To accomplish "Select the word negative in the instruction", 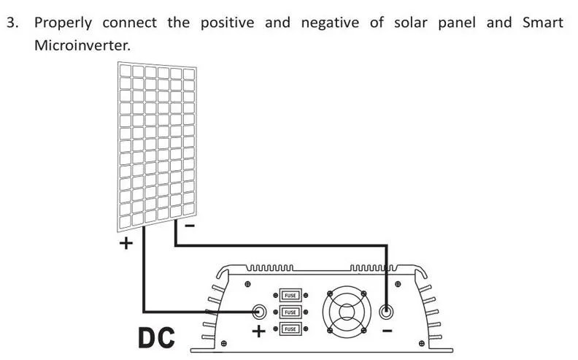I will point(330,23).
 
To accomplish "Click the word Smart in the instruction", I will point(543,23).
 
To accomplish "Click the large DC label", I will point(156,337).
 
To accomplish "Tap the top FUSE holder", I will point(290,295).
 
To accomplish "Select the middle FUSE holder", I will point(290,312).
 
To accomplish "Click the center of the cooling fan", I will point(349,312).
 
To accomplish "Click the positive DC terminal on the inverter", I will point(258,311).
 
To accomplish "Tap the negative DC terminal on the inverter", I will point(388,311).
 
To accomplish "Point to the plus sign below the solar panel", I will point(126,243).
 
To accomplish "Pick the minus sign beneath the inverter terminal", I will point(388,331).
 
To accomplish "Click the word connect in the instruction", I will point(129,23).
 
